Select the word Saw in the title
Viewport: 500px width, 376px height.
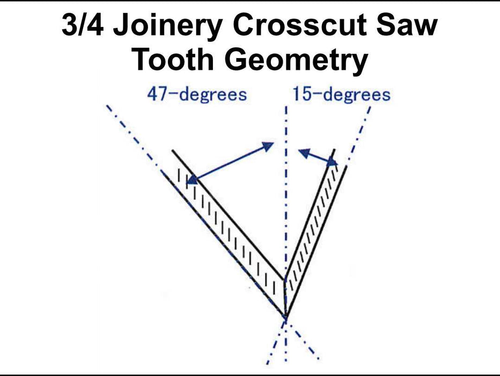click(x=407, y=25)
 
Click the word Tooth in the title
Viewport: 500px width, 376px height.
click(x=173, y=60)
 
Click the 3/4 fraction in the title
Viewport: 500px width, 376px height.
click(x=83, y=25)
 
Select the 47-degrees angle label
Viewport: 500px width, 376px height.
click(x=197, y=95)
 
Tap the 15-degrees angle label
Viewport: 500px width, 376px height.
click(x=342, y=95)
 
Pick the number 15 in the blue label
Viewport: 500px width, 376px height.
click(x=302, y=95)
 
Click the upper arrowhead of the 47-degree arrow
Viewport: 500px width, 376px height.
click(x=268, y=146)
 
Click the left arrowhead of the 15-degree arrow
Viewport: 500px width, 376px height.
click(x=305, y=153)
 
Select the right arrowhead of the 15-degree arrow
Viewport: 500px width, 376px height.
click(x=333, y=163)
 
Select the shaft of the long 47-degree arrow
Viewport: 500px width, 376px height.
click(x=230, y=163)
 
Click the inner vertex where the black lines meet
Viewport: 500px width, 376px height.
click(x=284, y=280)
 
